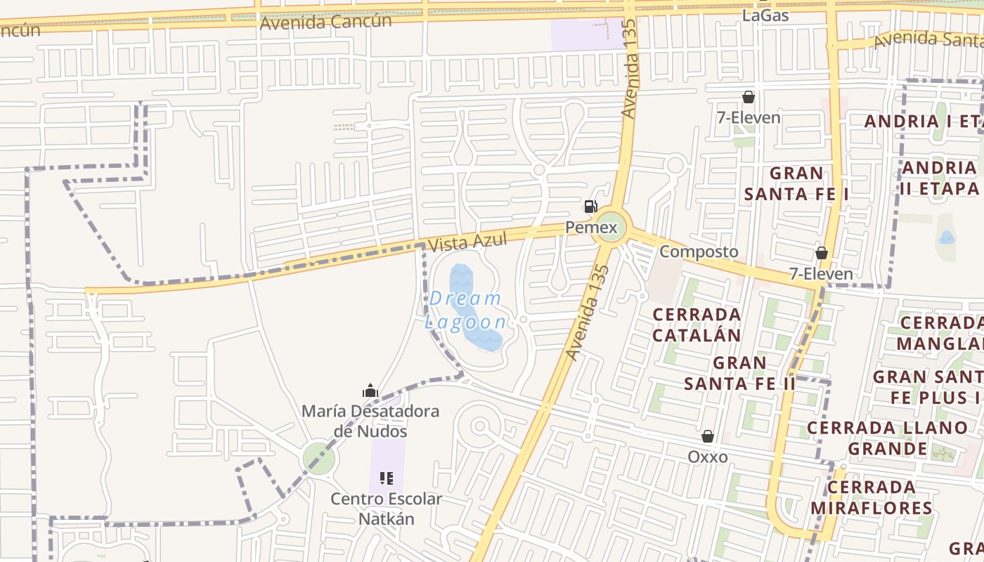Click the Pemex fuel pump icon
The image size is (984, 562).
(590, 207)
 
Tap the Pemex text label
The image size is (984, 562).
(591, 228)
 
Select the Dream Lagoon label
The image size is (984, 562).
(466, 310)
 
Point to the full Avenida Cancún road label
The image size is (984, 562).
(325, 22)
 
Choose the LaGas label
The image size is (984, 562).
(765, 15)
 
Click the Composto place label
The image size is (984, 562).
(699, 251)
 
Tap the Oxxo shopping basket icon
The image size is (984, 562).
(708, 436)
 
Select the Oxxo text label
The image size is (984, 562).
(708, 457)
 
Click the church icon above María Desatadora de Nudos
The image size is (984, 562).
(370, 391)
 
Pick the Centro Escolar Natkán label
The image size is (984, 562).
(386, 509)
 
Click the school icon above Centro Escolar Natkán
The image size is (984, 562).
(386, 478)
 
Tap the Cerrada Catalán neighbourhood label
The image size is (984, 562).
(697, 325)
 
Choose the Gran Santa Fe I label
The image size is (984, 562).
(796, 183)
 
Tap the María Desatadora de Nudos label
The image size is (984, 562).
(370, 421)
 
